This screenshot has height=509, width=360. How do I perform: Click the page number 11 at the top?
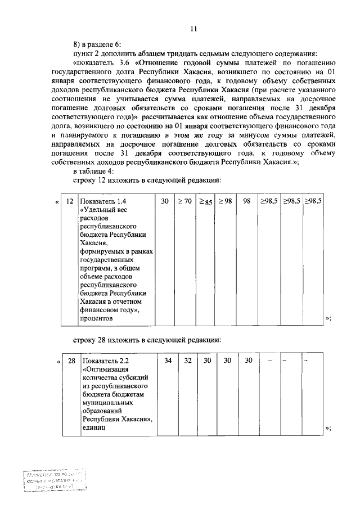193,30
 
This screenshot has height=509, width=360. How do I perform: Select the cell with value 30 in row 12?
164,201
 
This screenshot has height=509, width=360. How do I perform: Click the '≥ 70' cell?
185,201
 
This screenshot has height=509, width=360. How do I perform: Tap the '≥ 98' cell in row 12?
226,201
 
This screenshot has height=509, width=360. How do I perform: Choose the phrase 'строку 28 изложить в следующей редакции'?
147,340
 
